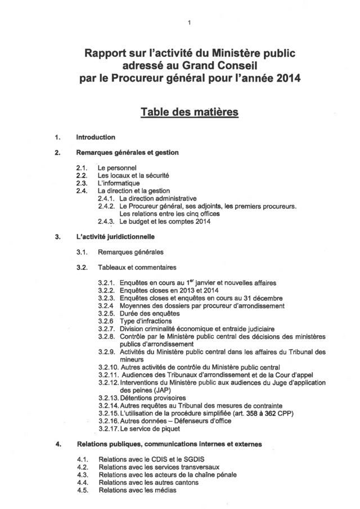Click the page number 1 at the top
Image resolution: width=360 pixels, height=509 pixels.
tap(189, 22)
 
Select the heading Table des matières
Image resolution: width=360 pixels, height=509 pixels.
tap(189, 112)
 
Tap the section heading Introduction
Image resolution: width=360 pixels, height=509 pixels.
tap(96, 137)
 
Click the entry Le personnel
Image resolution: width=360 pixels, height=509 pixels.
tap(117, 168)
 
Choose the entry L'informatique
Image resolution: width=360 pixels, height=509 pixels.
tap(119, 183)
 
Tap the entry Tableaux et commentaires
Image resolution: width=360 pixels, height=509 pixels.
tap(137, 267)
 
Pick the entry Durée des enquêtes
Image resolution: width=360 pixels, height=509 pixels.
tap(150, 313)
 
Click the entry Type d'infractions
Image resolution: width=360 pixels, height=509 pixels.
tap(147, 321)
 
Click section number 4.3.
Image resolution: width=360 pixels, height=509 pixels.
tap(83, 475)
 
